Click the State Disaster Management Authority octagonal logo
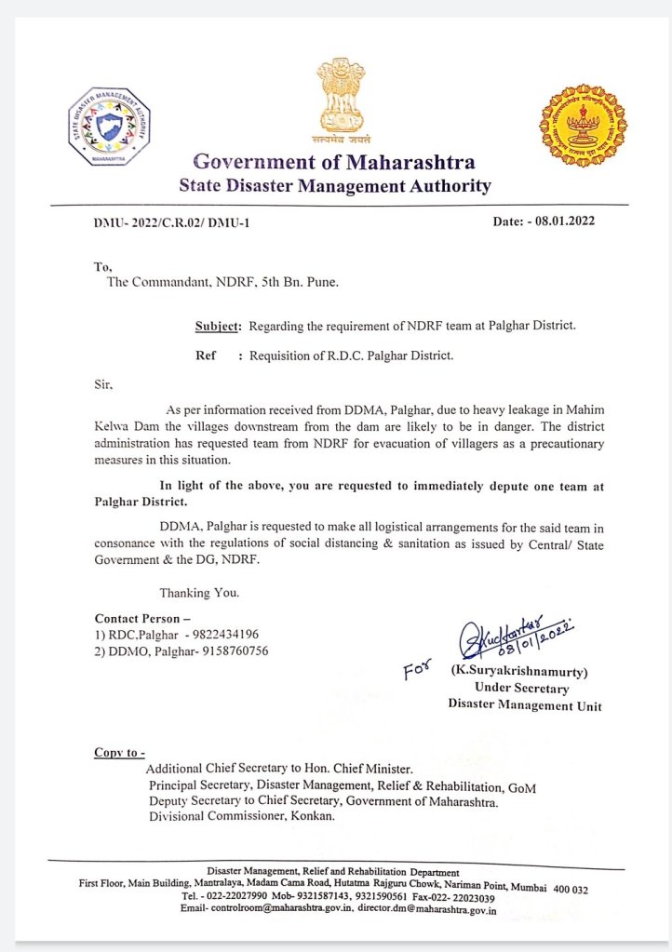pos(110,127)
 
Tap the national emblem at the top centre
pos(334,97)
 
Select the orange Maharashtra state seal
pos(584,126)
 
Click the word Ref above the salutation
pos(206,355)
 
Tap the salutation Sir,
pos(103,382)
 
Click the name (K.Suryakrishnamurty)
pos(520,670)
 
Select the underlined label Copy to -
pos(120,752)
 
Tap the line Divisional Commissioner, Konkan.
pos(241,816)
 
